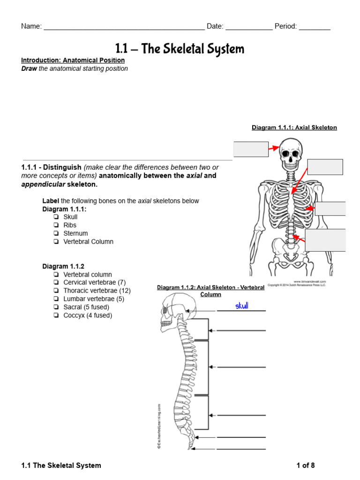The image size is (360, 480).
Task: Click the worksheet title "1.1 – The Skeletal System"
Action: tap(180, 49)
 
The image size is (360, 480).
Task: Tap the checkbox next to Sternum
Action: tap(56, 233)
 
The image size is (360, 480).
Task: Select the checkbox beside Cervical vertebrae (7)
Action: tap(56, 283)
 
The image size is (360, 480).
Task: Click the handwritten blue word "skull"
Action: tap(241, 306)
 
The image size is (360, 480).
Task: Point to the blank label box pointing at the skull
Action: tap(251, 149)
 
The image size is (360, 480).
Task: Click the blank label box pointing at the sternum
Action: tap(325, 167)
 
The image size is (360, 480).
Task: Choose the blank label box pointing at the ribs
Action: tap(330, 209)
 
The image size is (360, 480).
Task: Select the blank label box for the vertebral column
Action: tap(325, 240)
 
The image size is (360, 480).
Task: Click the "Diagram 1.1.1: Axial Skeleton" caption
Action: tap(294, 127)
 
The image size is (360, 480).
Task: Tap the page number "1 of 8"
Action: tap(306, 465)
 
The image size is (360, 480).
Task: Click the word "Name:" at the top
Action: tap(31, 26)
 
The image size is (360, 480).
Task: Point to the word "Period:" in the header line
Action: tap(285, 26)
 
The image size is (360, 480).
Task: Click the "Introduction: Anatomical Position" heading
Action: tap(73, 60)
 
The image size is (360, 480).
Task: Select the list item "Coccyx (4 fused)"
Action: tap(88, 315)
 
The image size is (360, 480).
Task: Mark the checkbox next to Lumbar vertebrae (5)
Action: tap(56, 299)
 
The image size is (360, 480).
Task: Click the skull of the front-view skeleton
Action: tap(292, 154)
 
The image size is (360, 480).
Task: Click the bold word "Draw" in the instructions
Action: tap(29, 68)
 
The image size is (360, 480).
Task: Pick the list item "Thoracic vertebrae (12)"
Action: tap(97, 291)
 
